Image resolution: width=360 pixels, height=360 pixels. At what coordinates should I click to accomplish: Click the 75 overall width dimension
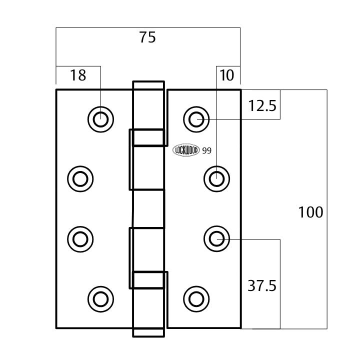(148, 37)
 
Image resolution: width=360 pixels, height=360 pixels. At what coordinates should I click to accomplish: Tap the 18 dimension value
(78, 75)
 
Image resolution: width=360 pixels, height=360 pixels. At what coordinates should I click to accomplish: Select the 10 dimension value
(226, 75)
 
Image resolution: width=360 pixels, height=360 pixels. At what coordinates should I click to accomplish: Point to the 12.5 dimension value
(262, 106)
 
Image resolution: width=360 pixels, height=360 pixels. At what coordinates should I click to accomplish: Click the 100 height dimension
(310, 212)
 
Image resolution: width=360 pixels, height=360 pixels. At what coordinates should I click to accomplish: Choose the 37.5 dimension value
(262, 286)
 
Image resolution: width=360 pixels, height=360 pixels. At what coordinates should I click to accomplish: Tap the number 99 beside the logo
(206, 150)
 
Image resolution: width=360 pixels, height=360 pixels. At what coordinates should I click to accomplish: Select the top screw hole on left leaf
(100, 119)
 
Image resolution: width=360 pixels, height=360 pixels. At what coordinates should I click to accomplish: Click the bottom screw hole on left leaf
(100, 299)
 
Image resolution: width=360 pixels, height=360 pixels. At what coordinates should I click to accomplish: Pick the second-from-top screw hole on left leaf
(80, 178)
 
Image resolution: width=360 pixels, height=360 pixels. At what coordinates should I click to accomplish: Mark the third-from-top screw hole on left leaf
(80, 239)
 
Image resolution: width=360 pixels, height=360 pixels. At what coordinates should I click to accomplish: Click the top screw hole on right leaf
(196, 119)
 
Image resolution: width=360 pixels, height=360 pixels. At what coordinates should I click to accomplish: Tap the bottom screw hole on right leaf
(196, 299)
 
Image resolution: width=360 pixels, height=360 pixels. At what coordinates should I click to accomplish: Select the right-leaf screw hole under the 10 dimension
(216, 178)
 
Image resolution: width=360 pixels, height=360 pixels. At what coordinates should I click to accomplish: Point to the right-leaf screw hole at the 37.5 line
(216, 239)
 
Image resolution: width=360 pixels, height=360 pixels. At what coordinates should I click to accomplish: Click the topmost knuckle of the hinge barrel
(148, 105)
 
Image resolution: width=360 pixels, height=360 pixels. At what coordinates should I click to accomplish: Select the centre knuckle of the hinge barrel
(148, 209)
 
